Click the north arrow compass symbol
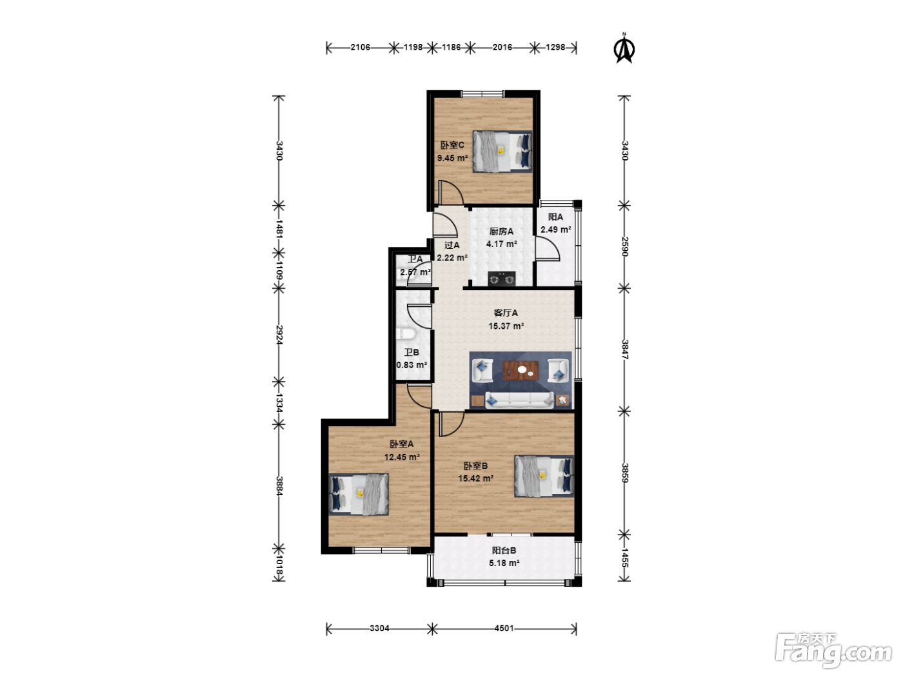pos(624,48)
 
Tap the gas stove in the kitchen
pos(501,279)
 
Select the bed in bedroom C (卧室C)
pos(502,152)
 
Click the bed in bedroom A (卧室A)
pos(359,494)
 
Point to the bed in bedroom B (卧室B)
pos(544,476)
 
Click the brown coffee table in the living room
pos(521,370)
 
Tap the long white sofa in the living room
pos(520,400)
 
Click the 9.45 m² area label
pos(453,158)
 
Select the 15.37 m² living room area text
pos(506,326)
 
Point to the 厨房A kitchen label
pos(501,231)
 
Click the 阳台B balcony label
pos(504,551)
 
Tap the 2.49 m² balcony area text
pos(556,230)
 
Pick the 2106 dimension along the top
pos(361,47)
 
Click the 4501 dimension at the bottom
pos(504,628)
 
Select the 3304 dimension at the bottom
pos(379,628)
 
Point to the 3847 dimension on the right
pos(624,349)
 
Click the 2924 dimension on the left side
pos(279,335)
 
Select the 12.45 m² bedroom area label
pos(402,457)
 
